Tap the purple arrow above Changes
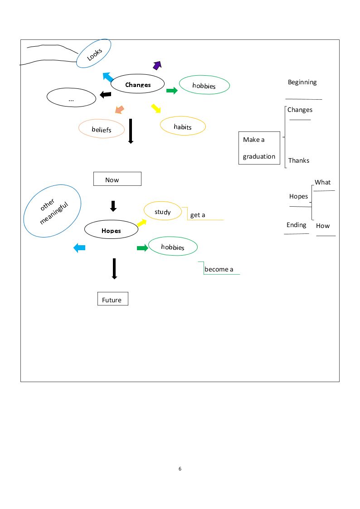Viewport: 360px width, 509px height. pyautogui.click(x=157, y=65)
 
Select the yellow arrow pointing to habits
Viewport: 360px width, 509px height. pyautogui.click(x=156, y=108)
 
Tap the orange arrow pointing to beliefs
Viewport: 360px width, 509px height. pyautogui.click(x=119, y=110)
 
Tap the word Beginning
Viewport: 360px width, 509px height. pyautogui.click(x=302, y=82)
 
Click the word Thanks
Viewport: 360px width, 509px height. pyautogui.click(x=299, y=160)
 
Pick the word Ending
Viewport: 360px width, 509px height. pyautogui.click(x=297, y=225)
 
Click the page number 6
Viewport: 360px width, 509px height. pyautogui.click(x=180, y=468)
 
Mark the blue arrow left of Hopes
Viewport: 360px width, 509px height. pyautogui.click(x=79, y=248)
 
